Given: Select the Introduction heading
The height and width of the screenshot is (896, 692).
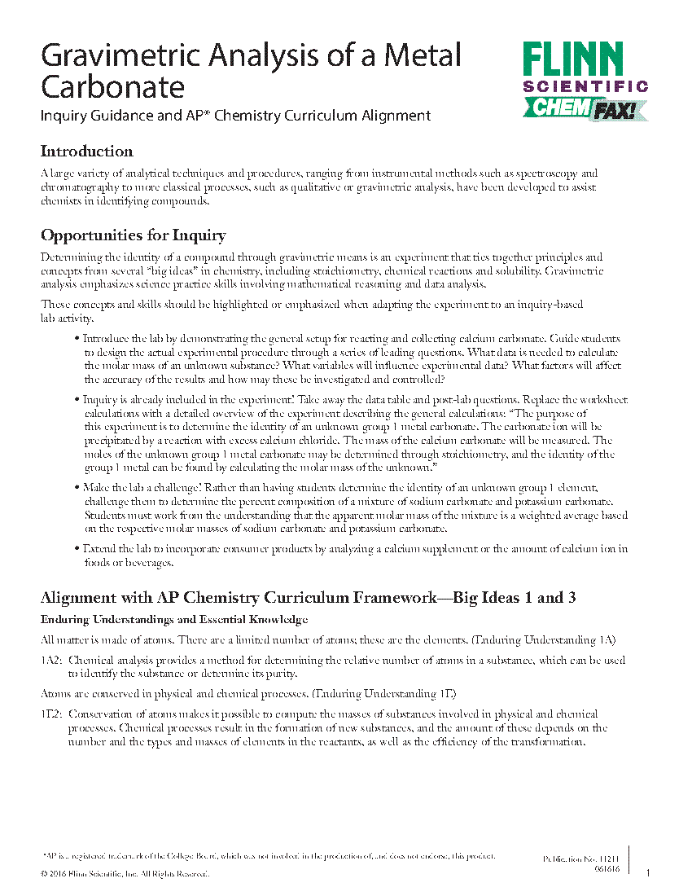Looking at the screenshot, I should click(86, 152).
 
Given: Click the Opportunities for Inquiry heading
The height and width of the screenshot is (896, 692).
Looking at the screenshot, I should click(133, 236).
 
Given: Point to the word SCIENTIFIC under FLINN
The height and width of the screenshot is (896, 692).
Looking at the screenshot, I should click(585, 86).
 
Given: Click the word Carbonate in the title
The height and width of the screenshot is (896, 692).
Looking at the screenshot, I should click(113, 86).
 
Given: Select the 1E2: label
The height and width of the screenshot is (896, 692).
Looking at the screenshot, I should click(52, 714).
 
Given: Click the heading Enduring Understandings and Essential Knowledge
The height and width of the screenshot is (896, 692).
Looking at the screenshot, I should click(174, 620).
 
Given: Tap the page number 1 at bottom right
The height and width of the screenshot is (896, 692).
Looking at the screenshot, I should click(648, 873).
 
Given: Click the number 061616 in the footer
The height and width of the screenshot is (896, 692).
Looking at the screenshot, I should click(607, 869).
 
